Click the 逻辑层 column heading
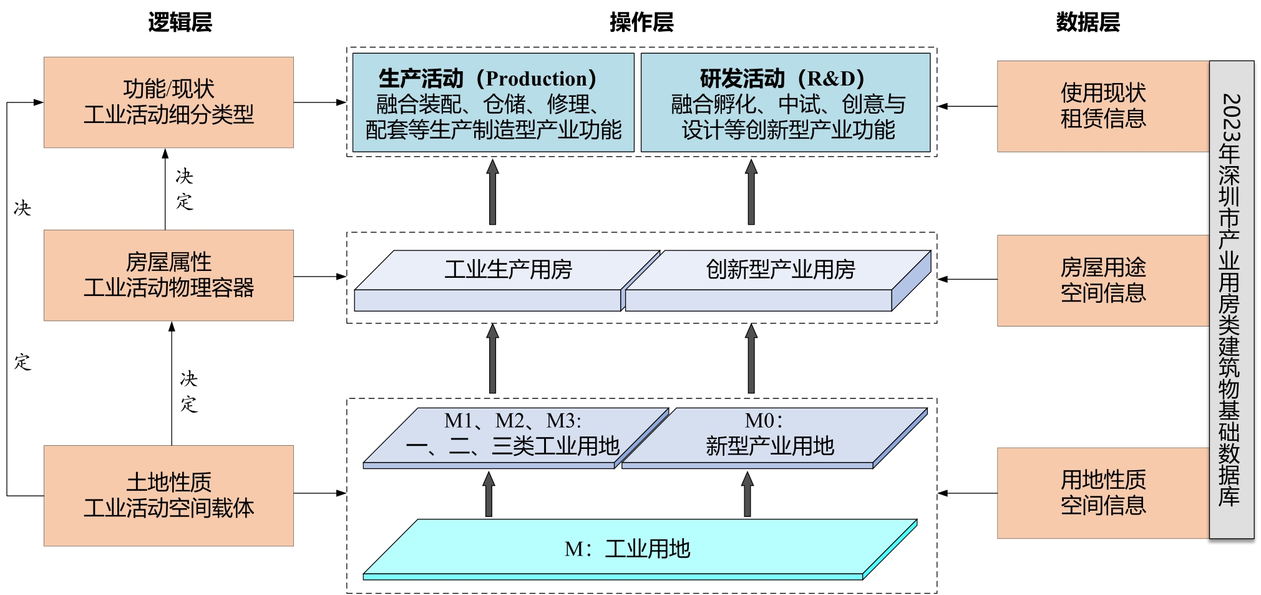coord(180,22)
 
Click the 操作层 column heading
coord(641,22)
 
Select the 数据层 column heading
coord(1088,22)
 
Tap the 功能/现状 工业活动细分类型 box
coord(168,102)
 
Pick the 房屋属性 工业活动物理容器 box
coord(168,275)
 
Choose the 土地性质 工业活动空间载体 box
coord(168,495)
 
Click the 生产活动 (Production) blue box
coord(493,103)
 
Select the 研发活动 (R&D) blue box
coord(786,103)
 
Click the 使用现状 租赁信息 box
coord(1103,106)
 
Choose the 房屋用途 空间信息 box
coord(1103,280)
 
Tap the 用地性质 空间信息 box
coord(1103,493)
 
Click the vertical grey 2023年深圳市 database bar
coord(1231,300)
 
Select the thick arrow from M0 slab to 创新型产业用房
coord(751,359)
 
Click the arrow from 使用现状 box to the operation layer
coord(967,107)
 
